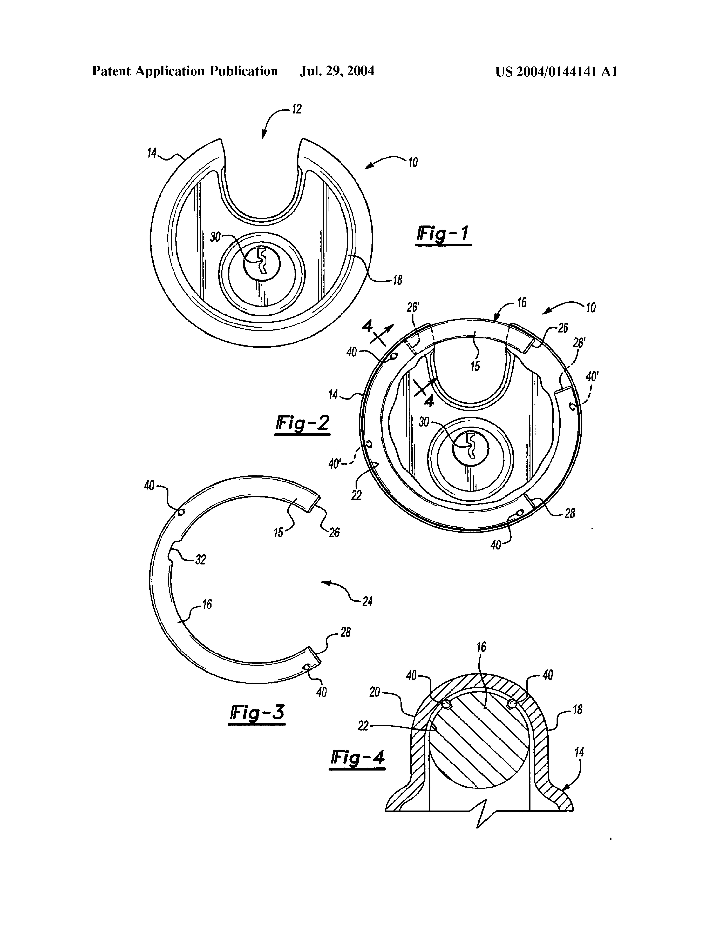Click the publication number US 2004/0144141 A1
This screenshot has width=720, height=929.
556,71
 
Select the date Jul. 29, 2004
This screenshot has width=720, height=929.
337,71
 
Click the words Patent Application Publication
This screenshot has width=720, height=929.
185,71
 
